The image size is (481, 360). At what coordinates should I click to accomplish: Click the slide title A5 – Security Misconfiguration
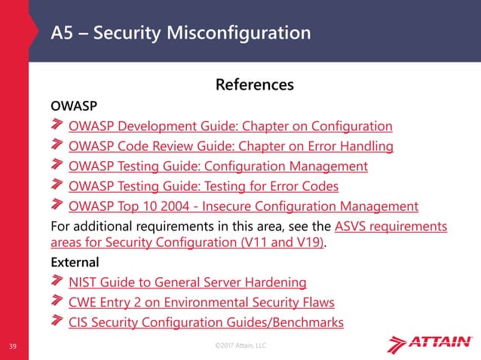tap(180, 33)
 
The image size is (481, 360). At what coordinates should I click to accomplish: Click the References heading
tap(254, 84)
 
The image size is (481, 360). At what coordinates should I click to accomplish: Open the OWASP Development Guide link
tap(230, 126)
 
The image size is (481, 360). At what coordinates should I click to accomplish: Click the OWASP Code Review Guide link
tap(231, 145)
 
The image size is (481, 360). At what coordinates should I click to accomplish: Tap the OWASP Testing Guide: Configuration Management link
tap(218, 166)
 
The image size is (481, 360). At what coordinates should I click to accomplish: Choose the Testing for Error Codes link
tap(203, 185)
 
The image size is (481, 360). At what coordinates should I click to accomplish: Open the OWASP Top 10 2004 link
tap(243, 206)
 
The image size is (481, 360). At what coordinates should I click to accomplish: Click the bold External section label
tap(74, 263)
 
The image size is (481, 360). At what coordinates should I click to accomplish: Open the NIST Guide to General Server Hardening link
tap(187, 282)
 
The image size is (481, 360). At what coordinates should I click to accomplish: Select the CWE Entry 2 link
tap(201, 303)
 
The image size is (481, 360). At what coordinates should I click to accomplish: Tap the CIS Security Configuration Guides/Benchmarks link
tap(206, 322)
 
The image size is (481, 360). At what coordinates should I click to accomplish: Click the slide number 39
tap(13, 346)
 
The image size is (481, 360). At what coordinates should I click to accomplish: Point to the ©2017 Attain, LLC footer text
tap(240, 345)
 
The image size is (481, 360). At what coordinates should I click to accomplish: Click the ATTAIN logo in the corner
tap(430, 343)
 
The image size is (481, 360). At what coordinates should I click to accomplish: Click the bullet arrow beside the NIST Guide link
tap(58, 282)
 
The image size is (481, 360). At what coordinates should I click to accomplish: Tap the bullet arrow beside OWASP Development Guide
tap(58, 125)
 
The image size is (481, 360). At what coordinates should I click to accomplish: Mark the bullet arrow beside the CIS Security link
tap(58, 322)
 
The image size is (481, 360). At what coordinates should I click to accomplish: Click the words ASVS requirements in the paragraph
tap(391, 226)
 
